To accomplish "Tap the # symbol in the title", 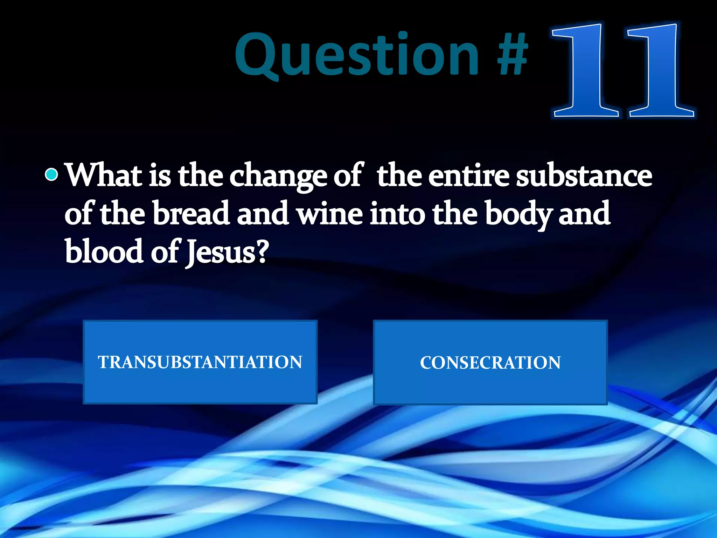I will click(513, 54).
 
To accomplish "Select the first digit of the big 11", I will click(585, 70).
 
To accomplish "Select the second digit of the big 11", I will click(660, 70).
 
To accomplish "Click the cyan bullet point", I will click(51, 174).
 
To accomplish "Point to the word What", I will click(104, 175).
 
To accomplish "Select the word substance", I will click(584, 175).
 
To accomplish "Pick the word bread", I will click(191, 214).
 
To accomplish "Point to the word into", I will click(398, 214).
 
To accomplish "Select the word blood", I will click(104, 251).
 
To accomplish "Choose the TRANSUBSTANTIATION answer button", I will click(200, 362).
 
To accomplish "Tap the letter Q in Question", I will click(257, 56).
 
